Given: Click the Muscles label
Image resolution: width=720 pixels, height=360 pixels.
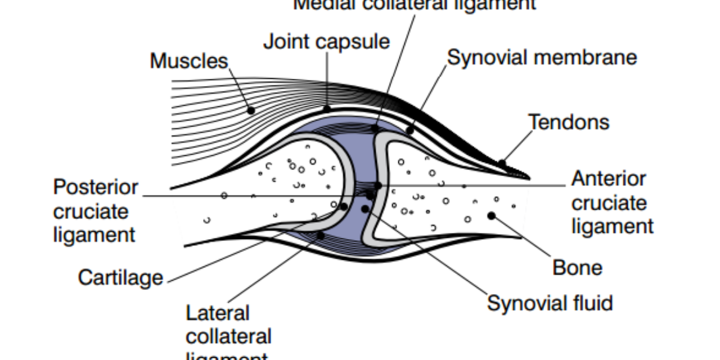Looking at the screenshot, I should tap(188, 61).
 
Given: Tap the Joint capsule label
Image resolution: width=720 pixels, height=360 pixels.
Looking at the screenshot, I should tap(326, 42).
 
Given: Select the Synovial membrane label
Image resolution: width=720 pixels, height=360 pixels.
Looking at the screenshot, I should tap(542, 57).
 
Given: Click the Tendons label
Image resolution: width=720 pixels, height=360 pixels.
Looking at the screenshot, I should tap(568, 122).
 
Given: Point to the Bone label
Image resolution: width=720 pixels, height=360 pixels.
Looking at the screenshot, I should tap(577, 268).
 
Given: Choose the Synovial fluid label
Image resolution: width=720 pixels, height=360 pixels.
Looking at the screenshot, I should tap(550, 303).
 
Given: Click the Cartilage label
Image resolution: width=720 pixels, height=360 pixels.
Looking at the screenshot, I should tap(120, 277).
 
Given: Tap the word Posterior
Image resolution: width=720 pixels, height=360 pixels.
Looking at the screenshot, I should tap(96, 187).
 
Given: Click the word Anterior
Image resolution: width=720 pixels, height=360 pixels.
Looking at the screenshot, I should tap(609, 179).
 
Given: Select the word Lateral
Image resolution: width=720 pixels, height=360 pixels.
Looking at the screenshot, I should tap(218, 313).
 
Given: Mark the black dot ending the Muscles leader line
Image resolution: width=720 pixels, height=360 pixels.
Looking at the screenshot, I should tap(251, 111).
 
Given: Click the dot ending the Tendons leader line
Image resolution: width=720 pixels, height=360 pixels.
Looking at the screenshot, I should tap(501, 164).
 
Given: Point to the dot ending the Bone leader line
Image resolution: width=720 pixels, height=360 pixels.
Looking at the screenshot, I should tap(491, 215).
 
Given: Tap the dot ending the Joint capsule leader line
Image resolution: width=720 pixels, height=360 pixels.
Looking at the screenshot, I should tap(327, 108).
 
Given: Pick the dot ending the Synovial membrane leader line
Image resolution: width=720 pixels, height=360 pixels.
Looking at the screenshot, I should tap(410, 130).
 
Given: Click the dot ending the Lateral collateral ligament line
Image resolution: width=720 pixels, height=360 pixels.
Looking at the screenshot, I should tap(320, 235).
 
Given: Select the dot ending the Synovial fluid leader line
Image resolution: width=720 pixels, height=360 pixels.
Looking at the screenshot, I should tap(365, 209).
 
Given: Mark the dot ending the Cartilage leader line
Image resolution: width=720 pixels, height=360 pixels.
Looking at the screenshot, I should tap(344, 206).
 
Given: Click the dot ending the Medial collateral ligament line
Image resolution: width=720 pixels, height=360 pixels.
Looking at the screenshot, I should tap(375, 129).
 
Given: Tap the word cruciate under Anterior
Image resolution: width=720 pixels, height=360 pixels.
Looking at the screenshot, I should tap(609, 203).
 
